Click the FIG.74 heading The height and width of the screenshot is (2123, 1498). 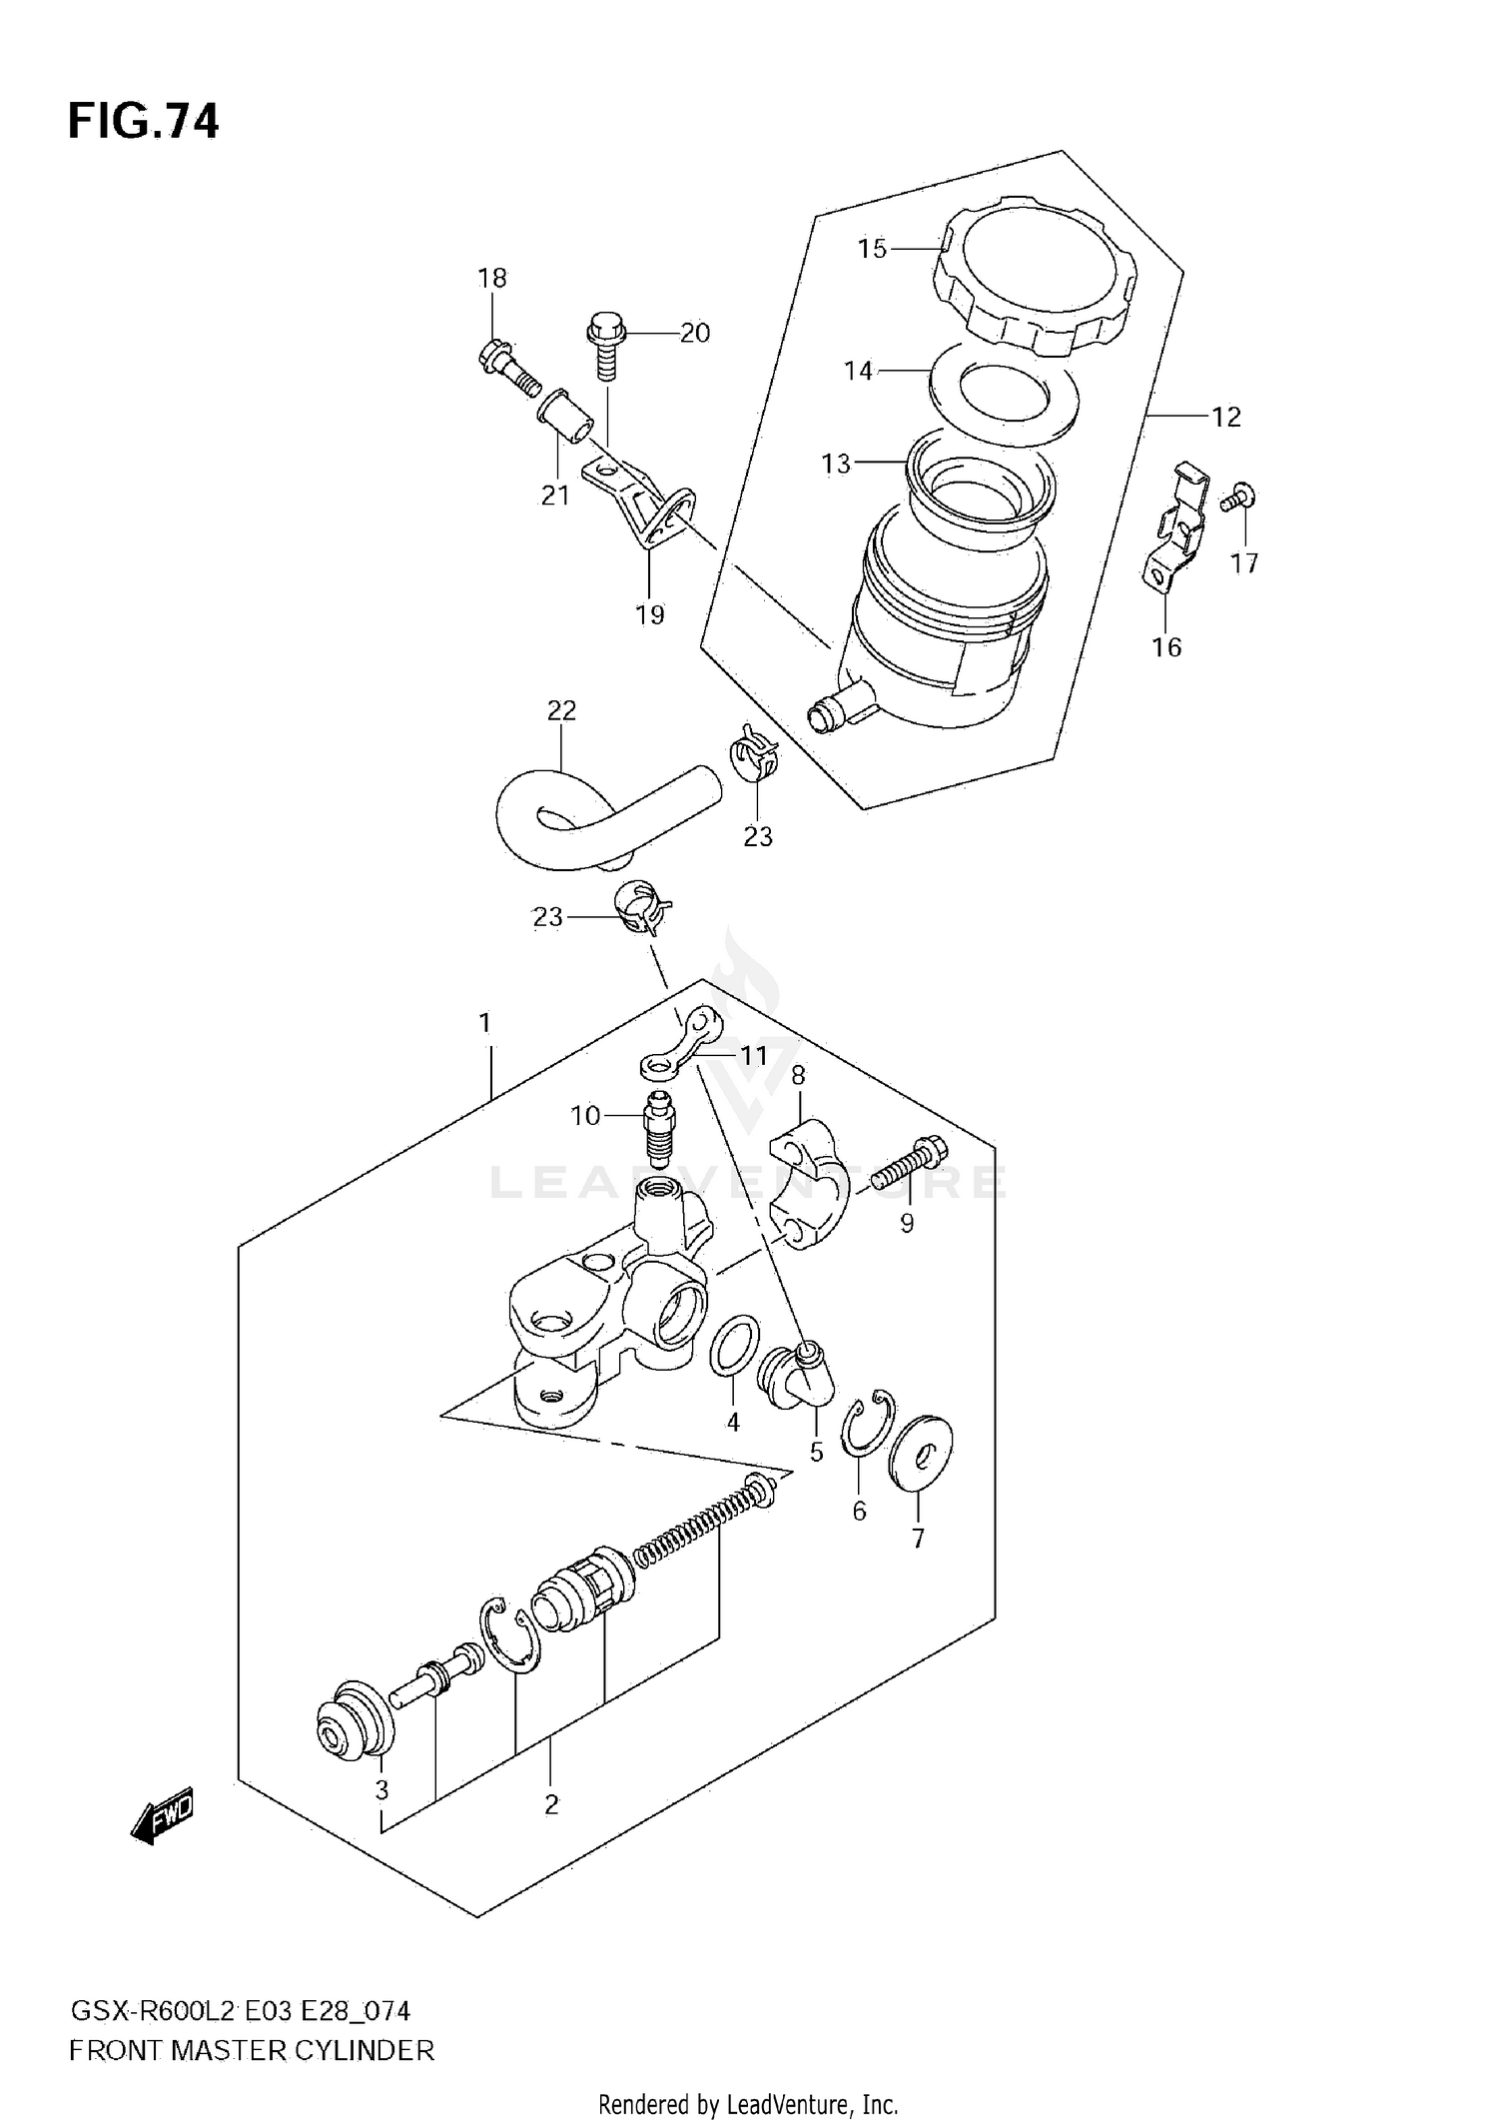(x=143, y=121)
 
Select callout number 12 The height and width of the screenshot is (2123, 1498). (x=1225, y=417)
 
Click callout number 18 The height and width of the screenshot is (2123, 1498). (x=492, y=278)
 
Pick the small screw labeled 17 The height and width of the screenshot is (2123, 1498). (x=1239, y=497)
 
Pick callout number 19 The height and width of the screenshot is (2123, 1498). (x=649, y=614)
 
